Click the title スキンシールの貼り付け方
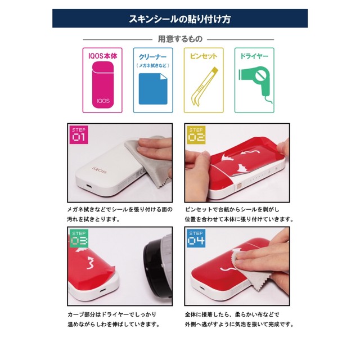(180, 19)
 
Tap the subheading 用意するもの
(180, 39)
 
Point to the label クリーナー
(152, 57)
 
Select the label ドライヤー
(254, 57)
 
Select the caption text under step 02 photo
(239, 214)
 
